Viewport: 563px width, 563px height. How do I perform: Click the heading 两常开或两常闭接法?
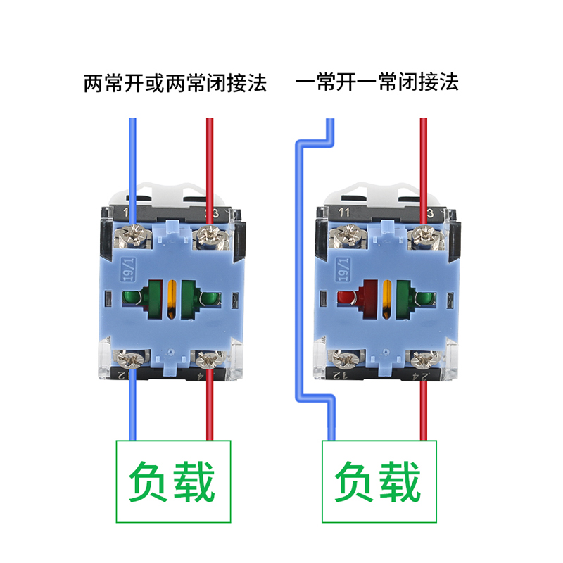pyautogui.click(x=175, y=84)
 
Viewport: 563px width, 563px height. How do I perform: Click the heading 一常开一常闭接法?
pyautogui.click(x=377, y=84)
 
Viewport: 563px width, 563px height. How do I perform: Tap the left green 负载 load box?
pyautogui.click(x=173, y=482)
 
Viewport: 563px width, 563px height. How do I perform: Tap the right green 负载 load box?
pyautogui.click(x=379, y=482)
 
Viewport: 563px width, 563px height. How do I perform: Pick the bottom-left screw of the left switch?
pyautogui.click(x=132, y=362)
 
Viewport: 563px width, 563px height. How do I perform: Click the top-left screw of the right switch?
pyautogui.click(x=346, y=235)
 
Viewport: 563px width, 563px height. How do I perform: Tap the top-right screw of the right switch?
pyautogui.click(x=423, y=235)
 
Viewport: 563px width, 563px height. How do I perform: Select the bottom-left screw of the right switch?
pyautogui.click(x=346, y=362)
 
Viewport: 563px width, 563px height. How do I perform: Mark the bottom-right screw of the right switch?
pyautogui.click(x=423, y=362)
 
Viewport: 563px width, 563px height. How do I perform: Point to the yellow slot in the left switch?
pyautogui.click(x=172, y=297)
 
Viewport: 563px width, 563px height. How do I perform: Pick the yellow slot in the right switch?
pyautogui.click(x=387, y=297)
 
